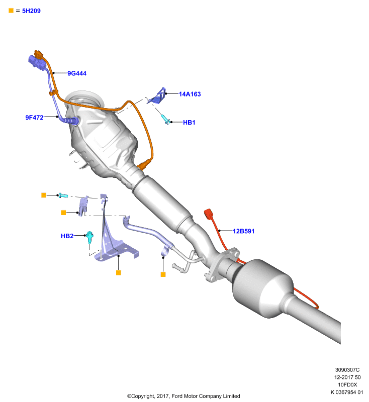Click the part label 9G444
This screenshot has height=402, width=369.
click(x=77, y=73)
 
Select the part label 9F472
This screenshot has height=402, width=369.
click(x=34, y=118)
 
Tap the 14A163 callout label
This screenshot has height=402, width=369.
click(x=190, y=94)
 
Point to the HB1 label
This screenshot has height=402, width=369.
click(x=189, y=122)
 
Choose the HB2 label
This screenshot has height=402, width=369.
click(x=67, y=236)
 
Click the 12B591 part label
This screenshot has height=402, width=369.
click(x=244, y=231)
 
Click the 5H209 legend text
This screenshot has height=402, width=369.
click(x=31, y=11)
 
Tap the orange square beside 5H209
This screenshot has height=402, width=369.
click(x=11, y=11)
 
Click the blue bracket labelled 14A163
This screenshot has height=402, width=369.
click(x=157, y=96)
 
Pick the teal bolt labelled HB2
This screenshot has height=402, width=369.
click(x=89, y=237)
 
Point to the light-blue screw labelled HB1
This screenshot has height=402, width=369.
click(x=165, y=119)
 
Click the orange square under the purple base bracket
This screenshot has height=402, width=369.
click(x=119, y=272)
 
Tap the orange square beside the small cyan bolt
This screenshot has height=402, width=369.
click(x=44, y=195)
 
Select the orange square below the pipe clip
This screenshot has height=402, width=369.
click(x=163, y=274)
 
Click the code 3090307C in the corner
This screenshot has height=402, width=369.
click(x=347, y=370)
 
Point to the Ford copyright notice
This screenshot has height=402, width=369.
click(x=183, y=396)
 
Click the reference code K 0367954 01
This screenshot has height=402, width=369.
click(x=347, y=392)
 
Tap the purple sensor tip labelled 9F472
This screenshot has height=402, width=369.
click(x=72, y=120)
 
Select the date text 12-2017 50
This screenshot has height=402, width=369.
click(x=347, y=377)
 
